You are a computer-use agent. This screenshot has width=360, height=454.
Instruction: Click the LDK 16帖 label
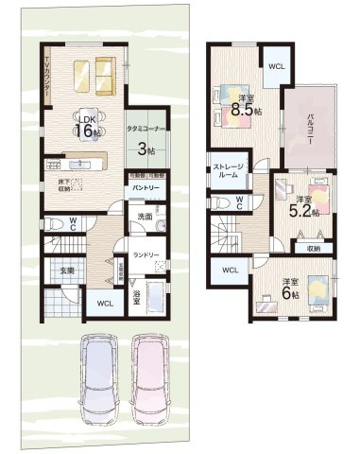click(x=86, y=126)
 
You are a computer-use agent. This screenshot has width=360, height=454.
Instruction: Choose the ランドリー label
click(x=145, y=254)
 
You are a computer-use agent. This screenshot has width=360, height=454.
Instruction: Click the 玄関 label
click(x=68, y=271)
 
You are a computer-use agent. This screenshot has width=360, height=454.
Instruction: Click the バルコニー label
click(x=309, y=127)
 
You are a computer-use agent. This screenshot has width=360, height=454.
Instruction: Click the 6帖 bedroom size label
click(x=286, y=288)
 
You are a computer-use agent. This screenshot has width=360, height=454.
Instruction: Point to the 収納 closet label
click(x=313, y=248)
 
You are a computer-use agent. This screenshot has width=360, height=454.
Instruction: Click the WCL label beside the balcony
click(x=276, y=66)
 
